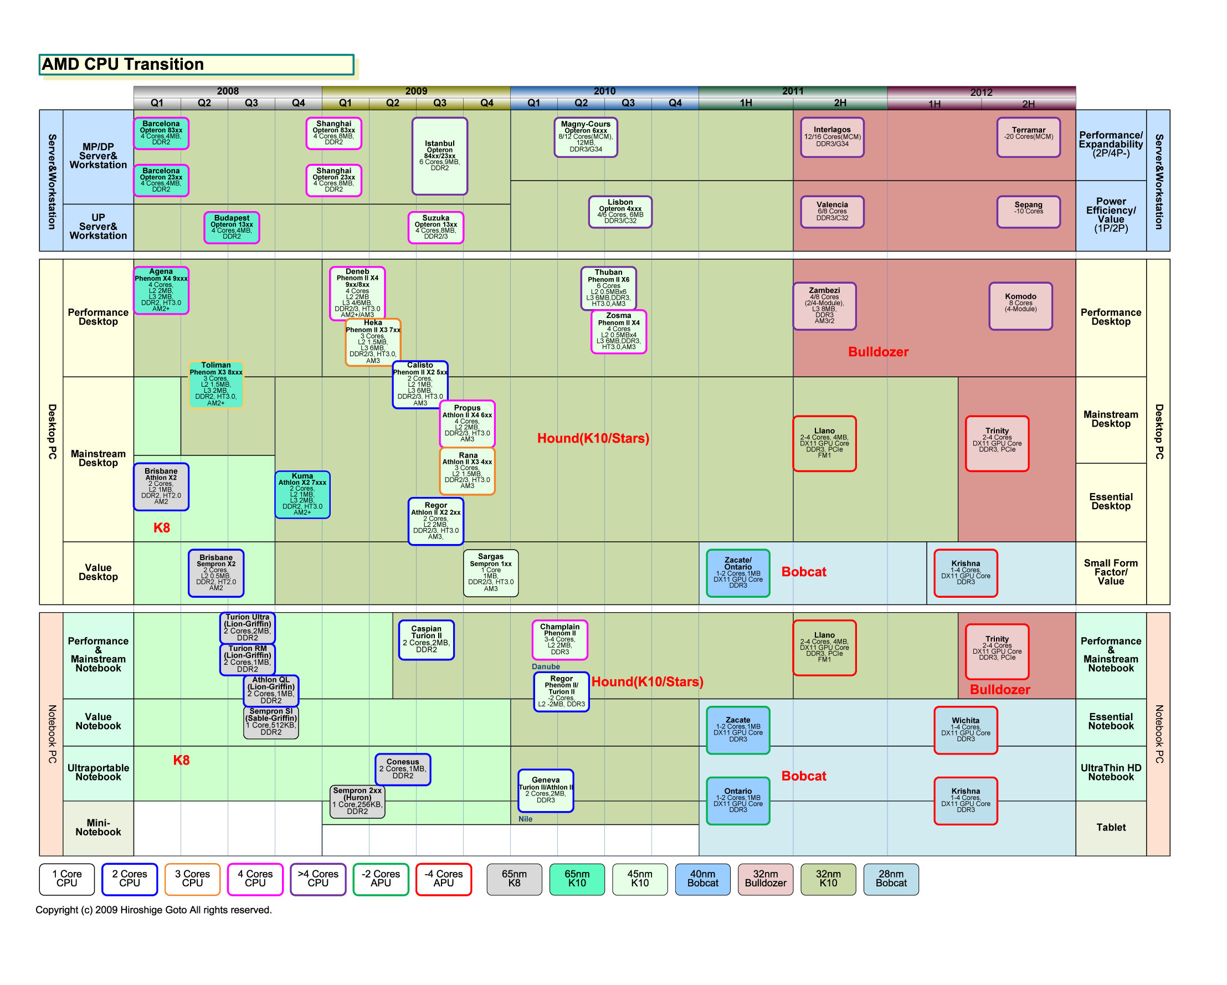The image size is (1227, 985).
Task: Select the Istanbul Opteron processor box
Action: (x=440, y=156)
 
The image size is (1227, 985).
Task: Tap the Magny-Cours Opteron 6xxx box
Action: (x=586, y=137)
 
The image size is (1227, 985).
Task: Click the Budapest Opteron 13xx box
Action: (x=232, y=227)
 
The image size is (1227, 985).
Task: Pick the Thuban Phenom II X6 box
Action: (x=608, y=288)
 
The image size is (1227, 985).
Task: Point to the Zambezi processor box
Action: (x=824, y=306)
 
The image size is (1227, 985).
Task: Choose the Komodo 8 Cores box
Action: (x=1020, y=306)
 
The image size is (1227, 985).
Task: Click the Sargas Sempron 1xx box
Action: (x=491, y=573)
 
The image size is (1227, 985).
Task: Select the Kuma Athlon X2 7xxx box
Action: (x=302, y=495)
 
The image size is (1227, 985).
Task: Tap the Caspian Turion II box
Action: (x=426, y=640)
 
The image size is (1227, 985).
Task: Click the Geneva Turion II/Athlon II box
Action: (x=545, y=791)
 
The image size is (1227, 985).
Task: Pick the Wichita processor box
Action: (x=965, y=730)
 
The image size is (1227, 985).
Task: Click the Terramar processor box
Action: (x=1028, y=137)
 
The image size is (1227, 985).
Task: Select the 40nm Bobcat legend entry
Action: (x=702, y=879)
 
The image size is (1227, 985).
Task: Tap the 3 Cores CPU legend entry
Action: (x=192, y=879)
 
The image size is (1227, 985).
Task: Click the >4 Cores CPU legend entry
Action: (x=318, y=879)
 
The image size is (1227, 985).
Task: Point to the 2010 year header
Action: (x=604, y=91)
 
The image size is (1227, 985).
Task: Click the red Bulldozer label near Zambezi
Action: (x=878, y=352)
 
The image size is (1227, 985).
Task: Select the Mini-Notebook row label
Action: (x=98, y=827)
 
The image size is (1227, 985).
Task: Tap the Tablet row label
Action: (x=1110, y=827)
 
